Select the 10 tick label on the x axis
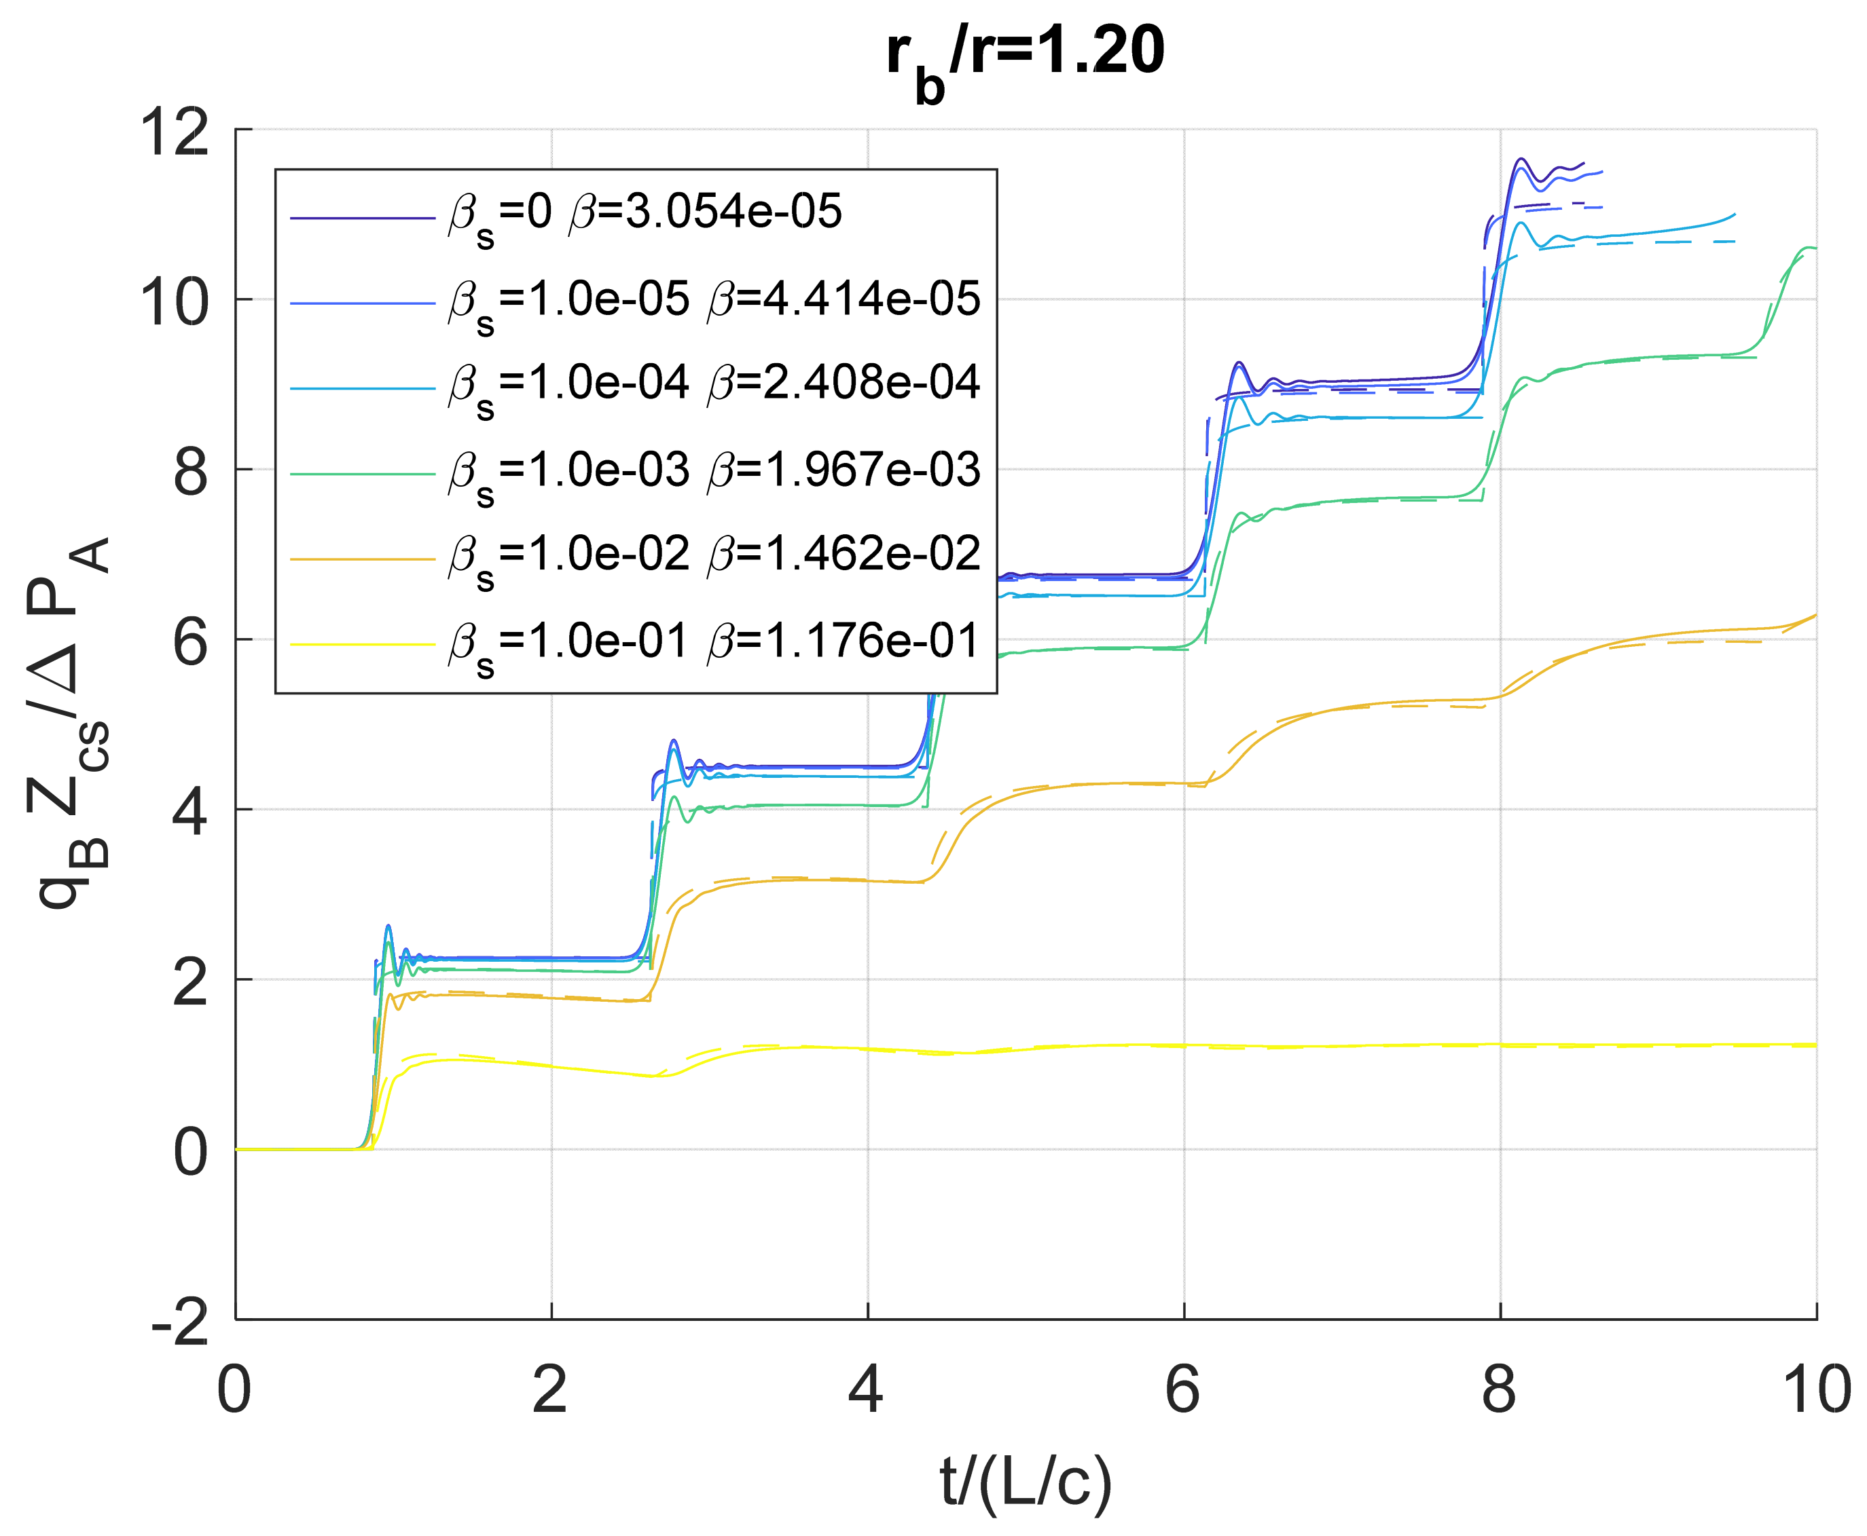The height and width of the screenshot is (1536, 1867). (x=1815, y=1390)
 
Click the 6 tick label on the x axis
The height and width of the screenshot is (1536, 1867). (x=1182, y=1390)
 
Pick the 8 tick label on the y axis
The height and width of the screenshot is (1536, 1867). (x=189, y=472)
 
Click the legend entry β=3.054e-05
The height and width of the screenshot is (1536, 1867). (x=645, y=213)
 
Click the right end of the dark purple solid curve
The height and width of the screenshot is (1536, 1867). (x=1583, y=164)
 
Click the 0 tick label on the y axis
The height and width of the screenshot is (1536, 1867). (x=189, y=1152)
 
